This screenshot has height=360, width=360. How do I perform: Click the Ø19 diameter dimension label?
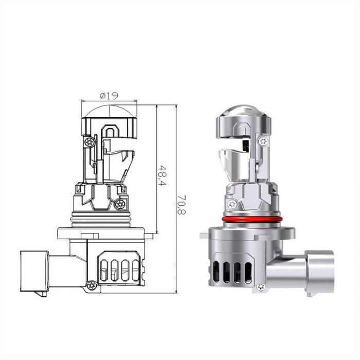coord(109,96)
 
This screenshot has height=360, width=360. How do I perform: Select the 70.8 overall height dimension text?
coord(182,205)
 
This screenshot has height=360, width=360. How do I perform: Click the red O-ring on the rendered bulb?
coord(251,219)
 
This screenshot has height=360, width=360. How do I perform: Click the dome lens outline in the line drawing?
coord(109,111)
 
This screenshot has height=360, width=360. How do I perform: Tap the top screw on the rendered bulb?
coord(263,141)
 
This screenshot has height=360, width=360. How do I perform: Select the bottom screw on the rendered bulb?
coord(261,287)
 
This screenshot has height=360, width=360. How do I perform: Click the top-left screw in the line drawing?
coord(89,142)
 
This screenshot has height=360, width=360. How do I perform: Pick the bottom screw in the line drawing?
coord(92,285)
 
